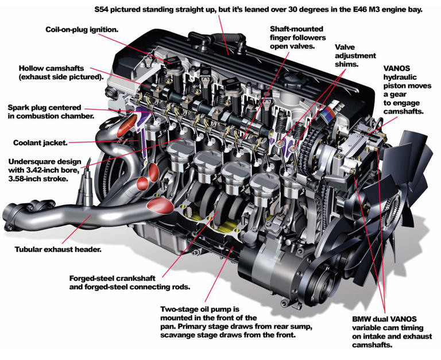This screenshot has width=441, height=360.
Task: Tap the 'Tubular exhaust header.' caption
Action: click(x=57, y=250)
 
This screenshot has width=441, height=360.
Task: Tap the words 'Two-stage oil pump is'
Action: click(x=199, y=309)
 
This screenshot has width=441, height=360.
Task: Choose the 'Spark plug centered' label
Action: click(x=44, y=107)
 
